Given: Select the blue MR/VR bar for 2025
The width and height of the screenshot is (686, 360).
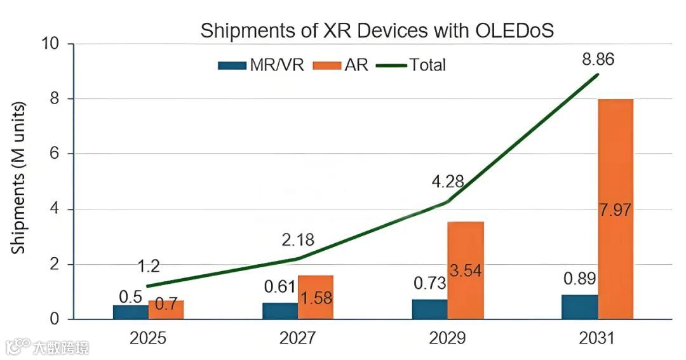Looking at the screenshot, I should tap(131, 312).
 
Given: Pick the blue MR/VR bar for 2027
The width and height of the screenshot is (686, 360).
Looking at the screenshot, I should tap(280, 310).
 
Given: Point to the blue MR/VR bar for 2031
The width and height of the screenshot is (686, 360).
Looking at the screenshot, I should tap(579, 307).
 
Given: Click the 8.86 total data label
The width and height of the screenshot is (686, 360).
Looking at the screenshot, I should tap(598, 60).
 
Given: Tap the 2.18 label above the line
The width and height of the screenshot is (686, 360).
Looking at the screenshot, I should tap(298, 241).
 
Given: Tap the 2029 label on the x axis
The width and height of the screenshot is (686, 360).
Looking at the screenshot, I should tap(447, 338).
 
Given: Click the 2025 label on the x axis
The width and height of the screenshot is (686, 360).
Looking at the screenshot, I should tap(148, 338).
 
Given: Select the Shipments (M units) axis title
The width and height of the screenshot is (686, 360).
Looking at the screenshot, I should tap(20, 178).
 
